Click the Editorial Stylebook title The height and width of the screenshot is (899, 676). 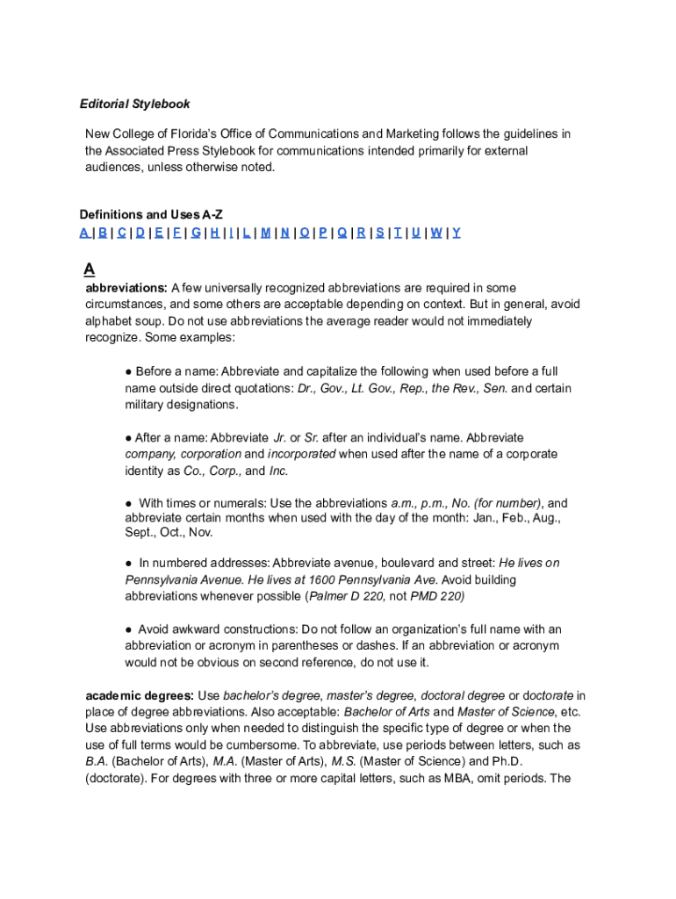134,104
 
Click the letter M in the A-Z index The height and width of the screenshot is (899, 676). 265,233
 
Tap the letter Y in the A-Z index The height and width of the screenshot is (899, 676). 457,233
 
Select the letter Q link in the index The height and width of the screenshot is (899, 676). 342,233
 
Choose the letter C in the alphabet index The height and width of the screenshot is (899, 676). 121,233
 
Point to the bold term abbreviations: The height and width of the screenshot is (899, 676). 126,288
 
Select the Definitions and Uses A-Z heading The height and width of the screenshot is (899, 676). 145,215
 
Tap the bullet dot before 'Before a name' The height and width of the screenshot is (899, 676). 128,371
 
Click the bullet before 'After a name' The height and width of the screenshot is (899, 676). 128,437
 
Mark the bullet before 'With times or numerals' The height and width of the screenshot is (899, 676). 128,504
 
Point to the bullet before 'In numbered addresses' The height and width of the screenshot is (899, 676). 128,563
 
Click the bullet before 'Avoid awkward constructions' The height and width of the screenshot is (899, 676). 128,629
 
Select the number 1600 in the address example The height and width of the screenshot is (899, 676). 322,579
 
